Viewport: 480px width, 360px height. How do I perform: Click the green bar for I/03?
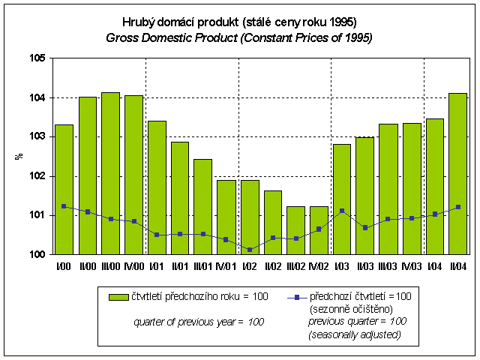pos(342,199)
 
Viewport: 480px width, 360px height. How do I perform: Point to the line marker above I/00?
pos(64,206)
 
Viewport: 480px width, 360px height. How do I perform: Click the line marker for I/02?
pos(250,249)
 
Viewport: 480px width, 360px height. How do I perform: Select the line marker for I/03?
pos(342,211)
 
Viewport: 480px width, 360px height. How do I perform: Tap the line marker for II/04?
pos(457,207)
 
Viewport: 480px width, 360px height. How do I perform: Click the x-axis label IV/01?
pos(226,265)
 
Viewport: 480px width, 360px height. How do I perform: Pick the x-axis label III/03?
pos(388,265)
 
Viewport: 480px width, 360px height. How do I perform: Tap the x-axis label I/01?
pos(157,265)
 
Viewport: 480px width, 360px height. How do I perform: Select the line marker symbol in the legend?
pos(298,297)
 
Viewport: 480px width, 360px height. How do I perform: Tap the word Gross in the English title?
pos(121,37)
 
